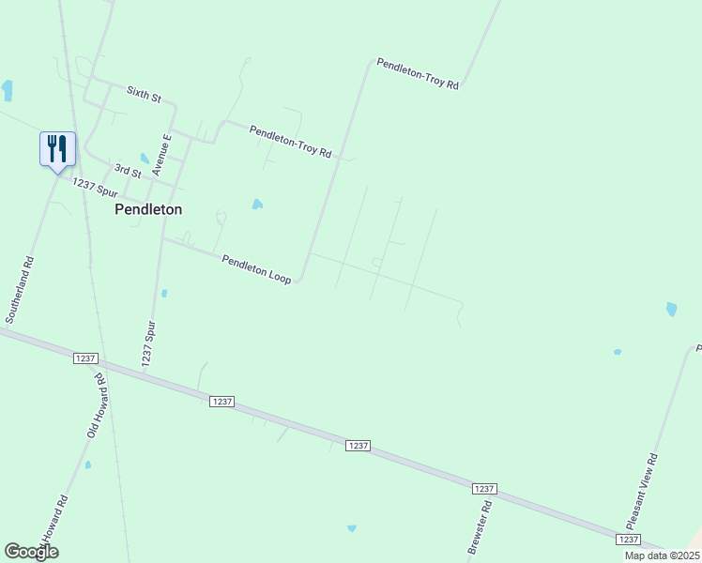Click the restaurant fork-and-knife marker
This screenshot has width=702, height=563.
click(x=57, y=148)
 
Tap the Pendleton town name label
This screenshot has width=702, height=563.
click(x=148, y=210)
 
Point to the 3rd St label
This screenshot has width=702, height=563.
click(x=128, y=171)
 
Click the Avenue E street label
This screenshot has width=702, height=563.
click(x=163, y=155)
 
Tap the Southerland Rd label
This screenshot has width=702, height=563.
click(x=19, y=290)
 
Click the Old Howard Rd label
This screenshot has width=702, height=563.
click(x=97, y=404)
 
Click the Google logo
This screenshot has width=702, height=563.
click(x=31, y=551)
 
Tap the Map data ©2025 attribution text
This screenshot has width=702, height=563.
click(x=662, y=555)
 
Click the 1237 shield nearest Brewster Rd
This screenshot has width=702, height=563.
click(x=483, y=490)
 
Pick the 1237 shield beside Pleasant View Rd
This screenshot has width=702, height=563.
click(x=629, y=540)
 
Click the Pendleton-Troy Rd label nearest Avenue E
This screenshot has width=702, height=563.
click(x=291, y=141)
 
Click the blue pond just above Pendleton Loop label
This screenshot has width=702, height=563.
click(x=257, y=204)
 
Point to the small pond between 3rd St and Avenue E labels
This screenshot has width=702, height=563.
click(x=144, y=158)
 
